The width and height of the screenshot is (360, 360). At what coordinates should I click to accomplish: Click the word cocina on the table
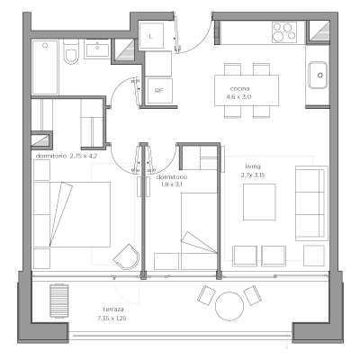tap(239, 89)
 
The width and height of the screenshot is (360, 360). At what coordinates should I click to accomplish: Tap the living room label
tap(253, 166)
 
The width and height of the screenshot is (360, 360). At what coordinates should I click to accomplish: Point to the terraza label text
tap(113, 310)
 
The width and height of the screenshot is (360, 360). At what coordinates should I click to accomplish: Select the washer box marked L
tap(151, 36)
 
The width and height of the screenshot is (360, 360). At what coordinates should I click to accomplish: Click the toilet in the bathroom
tap(71, 51)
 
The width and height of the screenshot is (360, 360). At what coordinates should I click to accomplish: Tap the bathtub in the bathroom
tap(45, 67)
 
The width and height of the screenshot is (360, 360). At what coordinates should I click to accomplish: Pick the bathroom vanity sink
tap(97, 49)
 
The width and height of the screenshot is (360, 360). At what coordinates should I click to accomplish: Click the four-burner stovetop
tap(284, 32)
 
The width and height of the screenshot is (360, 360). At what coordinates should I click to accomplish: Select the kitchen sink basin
tap(318, 75)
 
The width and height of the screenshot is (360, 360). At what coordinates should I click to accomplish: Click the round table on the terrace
tap(229, 306)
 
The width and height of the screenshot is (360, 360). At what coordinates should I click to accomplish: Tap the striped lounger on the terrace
tap(59, 301)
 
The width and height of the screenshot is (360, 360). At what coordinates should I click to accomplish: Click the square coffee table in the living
tap(259, 202)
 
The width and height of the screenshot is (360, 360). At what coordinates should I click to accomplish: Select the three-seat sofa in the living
tap(310, 203)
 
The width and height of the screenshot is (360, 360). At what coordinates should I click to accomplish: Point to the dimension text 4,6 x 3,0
tap(238, 97)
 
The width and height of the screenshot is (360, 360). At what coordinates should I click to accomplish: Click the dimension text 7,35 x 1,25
tap(112, 319)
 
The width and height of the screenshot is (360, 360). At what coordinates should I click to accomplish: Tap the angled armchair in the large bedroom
tap(127, 256)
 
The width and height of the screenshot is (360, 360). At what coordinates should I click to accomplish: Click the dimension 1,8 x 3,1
tap(171, 184)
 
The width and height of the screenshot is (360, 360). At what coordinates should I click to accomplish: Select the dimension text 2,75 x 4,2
tap(84, 156)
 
